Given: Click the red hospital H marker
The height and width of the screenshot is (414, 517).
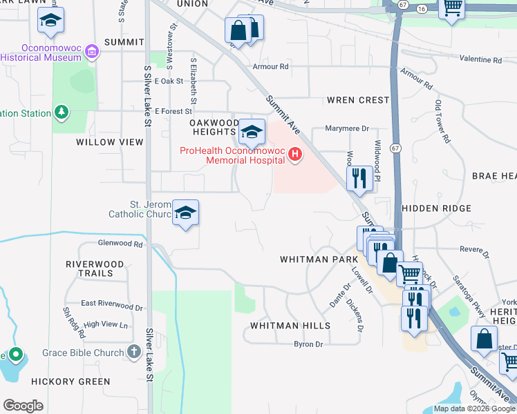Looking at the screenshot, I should pos(295,154).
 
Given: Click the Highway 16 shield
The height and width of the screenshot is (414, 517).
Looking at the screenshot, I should pos(422,6).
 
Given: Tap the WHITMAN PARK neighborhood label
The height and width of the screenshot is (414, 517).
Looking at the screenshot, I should pos(319,259).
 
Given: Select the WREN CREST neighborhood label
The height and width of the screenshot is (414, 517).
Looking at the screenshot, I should pos(358,100).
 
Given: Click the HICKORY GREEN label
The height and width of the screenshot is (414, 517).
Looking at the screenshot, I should pos(70,382).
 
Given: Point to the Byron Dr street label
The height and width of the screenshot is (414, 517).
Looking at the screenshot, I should pos(308,344).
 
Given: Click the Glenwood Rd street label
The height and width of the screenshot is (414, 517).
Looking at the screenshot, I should pos(120,244).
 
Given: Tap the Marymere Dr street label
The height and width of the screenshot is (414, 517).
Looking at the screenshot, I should pos(350,128).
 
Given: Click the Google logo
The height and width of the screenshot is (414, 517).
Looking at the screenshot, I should pos(23,406).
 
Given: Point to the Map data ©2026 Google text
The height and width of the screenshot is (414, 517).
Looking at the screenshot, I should pos(475,408).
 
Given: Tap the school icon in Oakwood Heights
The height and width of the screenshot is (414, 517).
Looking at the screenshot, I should pos(252,130).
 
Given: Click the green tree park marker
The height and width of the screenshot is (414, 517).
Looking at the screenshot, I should pos(62,112).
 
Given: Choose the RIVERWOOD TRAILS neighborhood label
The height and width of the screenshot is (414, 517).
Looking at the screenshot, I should pos(95,268).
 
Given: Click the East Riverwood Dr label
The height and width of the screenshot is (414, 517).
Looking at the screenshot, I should pos(111,304).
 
